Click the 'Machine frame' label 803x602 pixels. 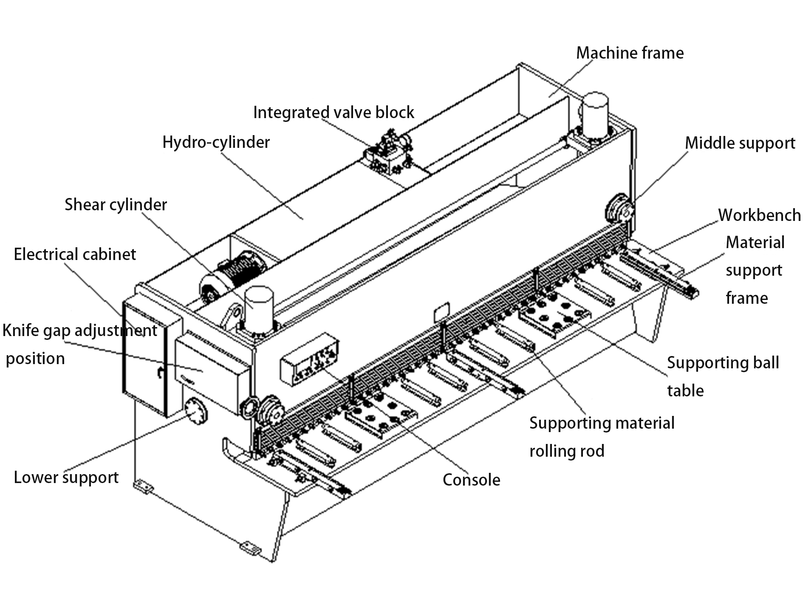630,53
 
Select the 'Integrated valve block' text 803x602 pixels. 334,113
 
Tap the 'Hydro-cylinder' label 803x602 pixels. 216,142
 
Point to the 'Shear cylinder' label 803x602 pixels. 116,205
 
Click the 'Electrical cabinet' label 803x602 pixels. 75,254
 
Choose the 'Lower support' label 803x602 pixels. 66,478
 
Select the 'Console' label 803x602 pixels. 471,480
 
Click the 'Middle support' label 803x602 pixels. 740,143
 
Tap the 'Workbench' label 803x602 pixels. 759,215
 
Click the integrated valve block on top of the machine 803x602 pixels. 388,153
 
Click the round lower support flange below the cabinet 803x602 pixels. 196,411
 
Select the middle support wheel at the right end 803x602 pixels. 619,209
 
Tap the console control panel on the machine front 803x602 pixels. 309,359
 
